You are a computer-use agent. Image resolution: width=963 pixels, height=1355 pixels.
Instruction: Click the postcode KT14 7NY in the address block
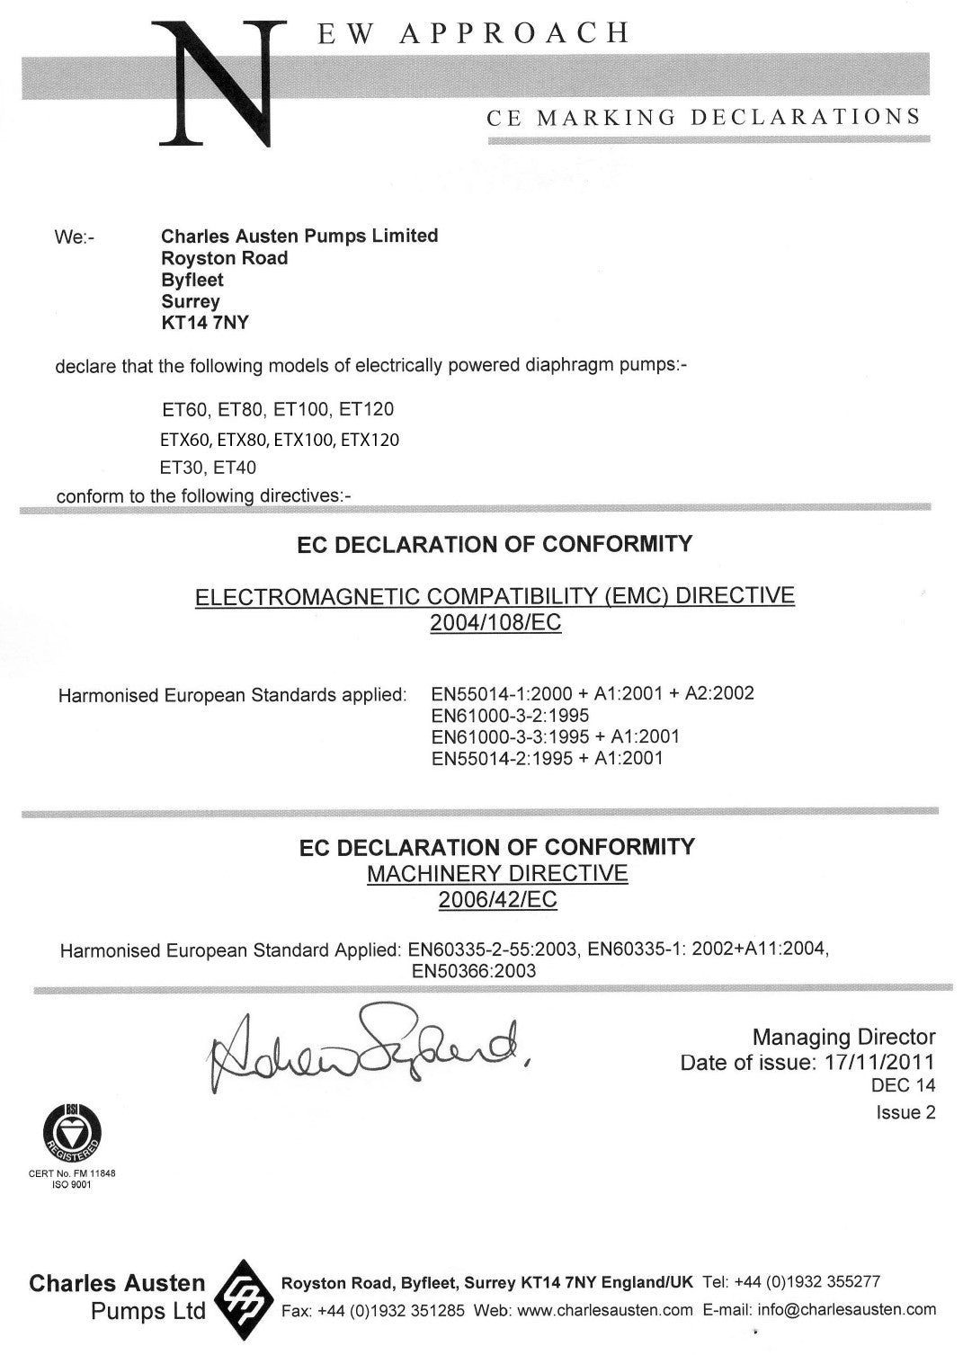point(204,324)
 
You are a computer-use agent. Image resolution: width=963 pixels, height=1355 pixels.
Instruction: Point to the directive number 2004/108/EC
point(495,623)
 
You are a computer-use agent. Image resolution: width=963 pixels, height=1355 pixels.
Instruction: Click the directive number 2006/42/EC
point(497,900)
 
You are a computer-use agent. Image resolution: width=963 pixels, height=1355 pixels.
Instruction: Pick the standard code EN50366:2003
point(473,971)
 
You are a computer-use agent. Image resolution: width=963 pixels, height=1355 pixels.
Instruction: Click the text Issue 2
point(905,1113)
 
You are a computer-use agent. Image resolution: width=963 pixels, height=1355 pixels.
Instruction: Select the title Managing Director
point(843,1038)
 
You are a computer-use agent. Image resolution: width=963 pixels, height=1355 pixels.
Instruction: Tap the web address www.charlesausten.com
point(605,1310)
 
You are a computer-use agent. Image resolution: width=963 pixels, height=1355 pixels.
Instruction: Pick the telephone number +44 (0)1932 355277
point(807,1281)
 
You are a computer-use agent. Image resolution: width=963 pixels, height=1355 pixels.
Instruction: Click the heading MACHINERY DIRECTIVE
point(497,873)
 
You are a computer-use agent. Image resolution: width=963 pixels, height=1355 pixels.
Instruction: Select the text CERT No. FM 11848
point(71,1173)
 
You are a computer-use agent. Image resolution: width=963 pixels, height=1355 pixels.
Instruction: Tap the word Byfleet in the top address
point(192,280)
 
